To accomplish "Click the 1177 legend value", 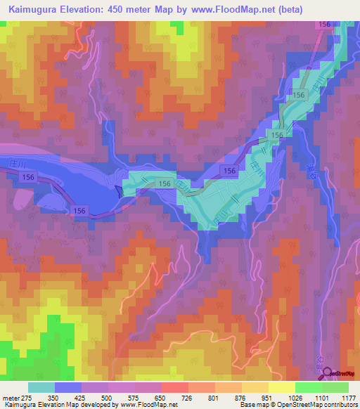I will point(347,396).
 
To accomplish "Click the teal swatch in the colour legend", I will point(41,387).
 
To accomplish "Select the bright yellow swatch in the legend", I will point(281,387).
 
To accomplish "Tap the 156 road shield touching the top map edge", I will point(324,25).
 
